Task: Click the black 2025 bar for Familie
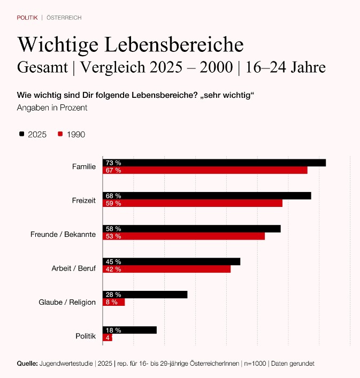tap(214, 163)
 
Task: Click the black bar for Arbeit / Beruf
tap(171, 261)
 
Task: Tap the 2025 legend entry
tap(33, 134)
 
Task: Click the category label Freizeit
tap(83, 200)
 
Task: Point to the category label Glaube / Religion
tap(67, 302)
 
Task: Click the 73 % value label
tap(113, 163)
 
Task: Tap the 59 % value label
tap(113, 203)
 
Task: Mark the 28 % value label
tap(113, 295)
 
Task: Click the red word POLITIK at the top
tap(27, 18)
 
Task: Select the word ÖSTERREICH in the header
tap(64, 18)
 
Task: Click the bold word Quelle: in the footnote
tap(27, 364)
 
